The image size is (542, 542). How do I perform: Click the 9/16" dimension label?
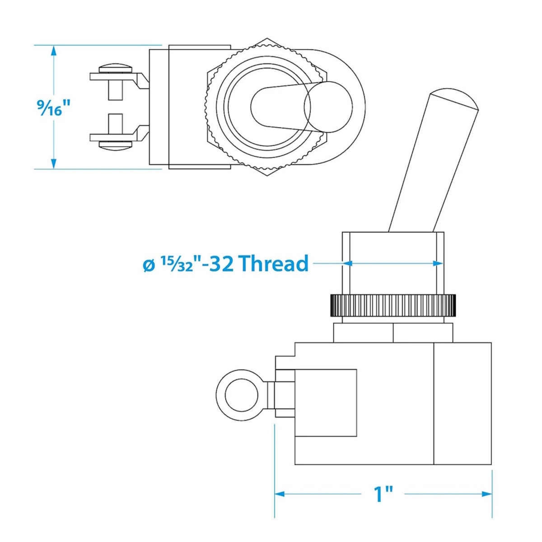coord(53,108)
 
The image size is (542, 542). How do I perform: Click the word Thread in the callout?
coord(274,263)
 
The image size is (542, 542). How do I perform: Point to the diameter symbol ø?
coord(149,266)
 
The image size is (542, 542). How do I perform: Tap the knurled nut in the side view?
coord(393,305)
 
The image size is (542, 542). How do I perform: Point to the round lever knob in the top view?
coord(328,107)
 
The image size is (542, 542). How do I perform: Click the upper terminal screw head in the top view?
coord(115,68)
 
